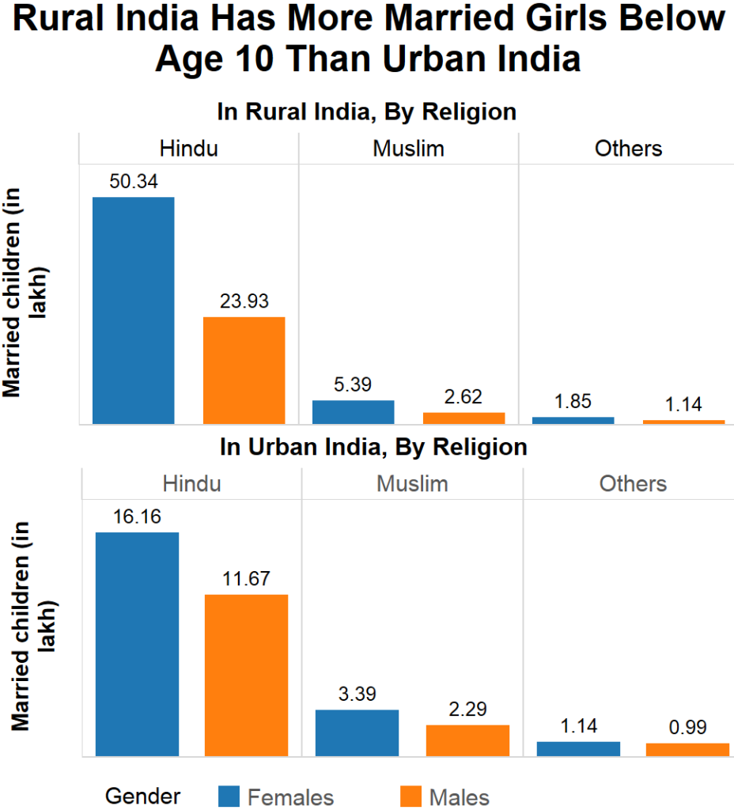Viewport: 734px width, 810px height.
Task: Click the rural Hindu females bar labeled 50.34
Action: point(133,310)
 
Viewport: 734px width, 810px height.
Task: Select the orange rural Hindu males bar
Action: point(244,370)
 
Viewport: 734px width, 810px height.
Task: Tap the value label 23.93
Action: point(244,301)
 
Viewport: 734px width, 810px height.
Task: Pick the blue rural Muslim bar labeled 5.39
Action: point(353,412)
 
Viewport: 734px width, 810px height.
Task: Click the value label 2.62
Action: point(463,397)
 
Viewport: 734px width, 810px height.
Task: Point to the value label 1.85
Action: point(573,401)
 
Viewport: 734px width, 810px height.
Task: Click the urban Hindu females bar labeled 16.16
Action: point(137,644)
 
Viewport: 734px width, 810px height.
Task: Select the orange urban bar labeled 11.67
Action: point(246,675)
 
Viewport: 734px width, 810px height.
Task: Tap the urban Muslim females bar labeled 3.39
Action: point(357,732)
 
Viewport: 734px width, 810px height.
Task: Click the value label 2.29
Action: point(467,710)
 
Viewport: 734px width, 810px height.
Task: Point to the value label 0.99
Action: point(687,727)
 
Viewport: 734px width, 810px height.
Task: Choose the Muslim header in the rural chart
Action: point(408,149)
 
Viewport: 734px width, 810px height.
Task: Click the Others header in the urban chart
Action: point(633,483)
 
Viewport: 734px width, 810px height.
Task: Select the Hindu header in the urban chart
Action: point(191,483)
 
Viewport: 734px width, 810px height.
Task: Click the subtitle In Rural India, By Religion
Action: point(367,112)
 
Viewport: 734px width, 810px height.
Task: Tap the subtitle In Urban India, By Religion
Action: point(373,447)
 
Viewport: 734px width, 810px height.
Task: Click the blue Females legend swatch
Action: point(228,796)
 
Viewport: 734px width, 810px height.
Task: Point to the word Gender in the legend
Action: point(142,795)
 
